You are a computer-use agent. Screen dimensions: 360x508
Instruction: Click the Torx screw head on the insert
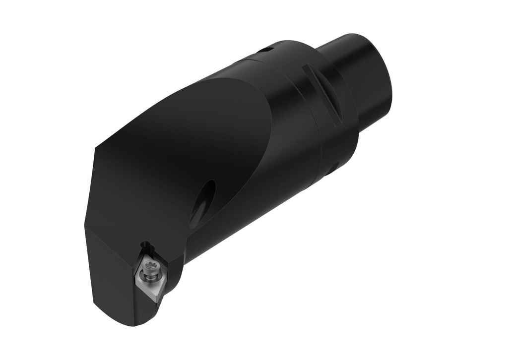pos(148,267)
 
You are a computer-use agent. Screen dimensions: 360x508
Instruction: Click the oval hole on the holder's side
pos(203,204)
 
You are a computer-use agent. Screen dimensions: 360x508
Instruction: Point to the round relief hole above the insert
pos(145,245)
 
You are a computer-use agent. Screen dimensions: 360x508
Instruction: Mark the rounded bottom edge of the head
pos(119,317)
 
